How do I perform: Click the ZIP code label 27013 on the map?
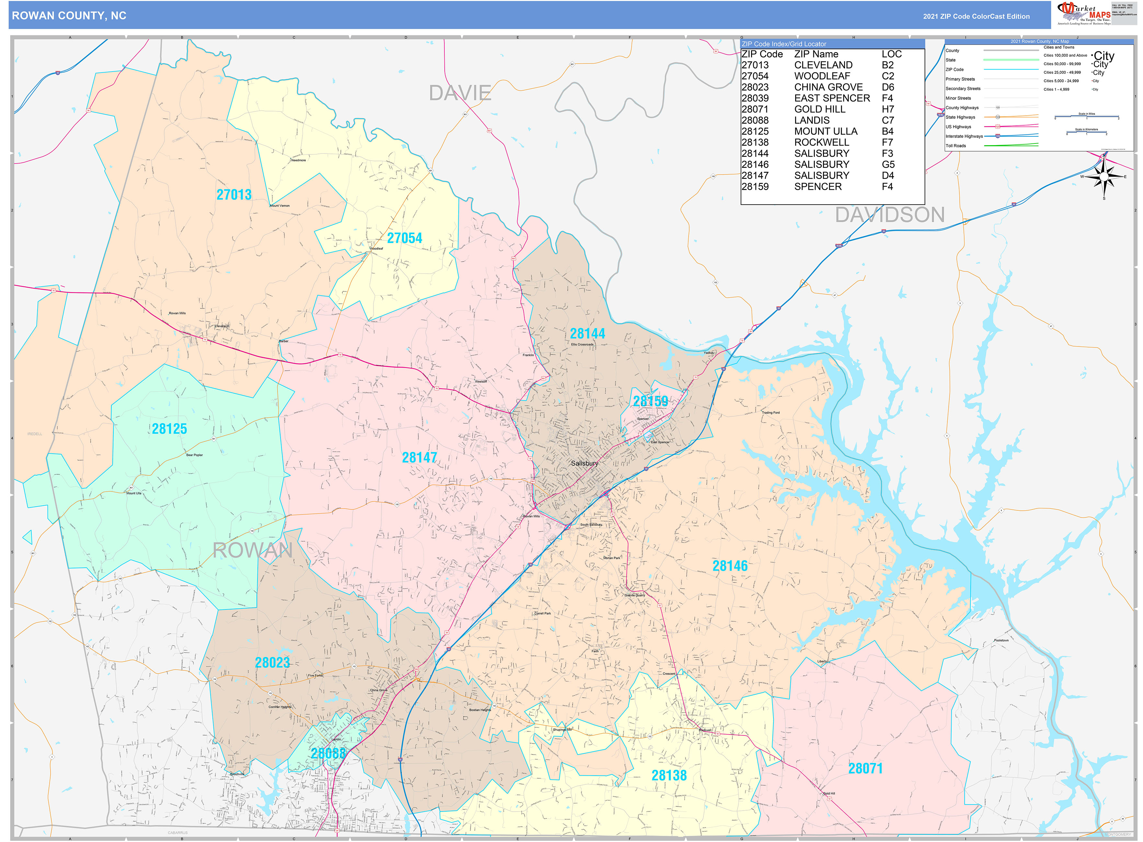coord(234,195)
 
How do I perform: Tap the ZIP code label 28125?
coord(169,429)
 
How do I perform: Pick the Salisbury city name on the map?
coord(584,463)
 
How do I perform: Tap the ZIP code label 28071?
coord(865,768)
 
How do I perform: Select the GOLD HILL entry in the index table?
coord(819,109)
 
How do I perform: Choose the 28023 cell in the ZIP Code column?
coord(755,87)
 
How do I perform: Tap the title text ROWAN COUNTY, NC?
coord(69,16)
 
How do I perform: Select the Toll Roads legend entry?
coord(956,146)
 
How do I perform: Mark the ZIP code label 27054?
coord(404,238)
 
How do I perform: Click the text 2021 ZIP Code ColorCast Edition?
coord(976,16)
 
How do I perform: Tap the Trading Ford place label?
coord(770,412)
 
